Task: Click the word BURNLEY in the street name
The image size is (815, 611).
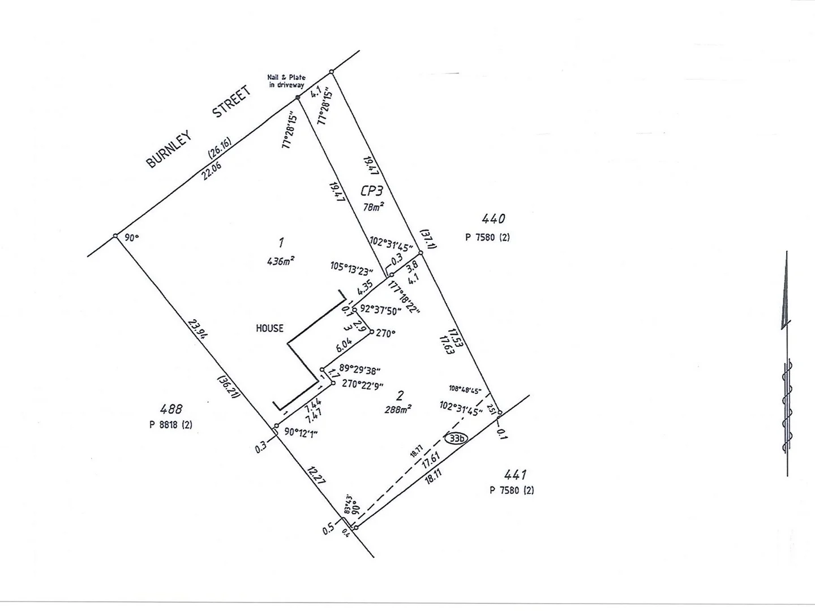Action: point(169,149)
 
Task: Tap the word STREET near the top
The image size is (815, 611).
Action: point(231,102)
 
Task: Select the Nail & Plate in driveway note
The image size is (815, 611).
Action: point(286,81)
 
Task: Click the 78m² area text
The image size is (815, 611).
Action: point(374,207)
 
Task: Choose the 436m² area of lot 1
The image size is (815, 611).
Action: point(280,261)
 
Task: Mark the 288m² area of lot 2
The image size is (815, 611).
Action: point(397,409)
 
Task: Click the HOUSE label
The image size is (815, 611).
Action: point(269,328)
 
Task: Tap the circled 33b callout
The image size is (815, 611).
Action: point(455,438)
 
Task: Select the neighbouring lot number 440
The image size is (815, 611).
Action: point(493,218)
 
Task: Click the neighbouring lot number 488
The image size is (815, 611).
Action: point(171,408)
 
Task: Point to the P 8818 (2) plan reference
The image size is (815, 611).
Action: point(171,424)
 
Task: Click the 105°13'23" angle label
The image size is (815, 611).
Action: point(351,266)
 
